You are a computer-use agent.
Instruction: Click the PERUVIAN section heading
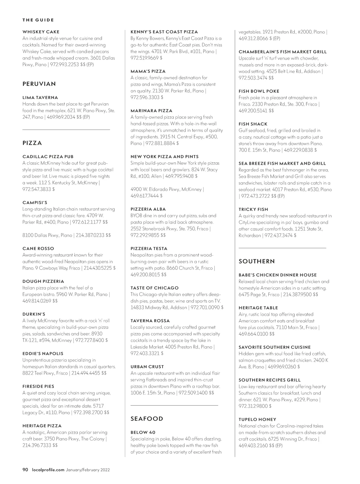coord(39,84)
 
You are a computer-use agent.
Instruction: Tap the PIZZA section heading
coord(32,143)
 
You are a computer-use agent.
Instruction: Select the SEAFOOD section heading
coord(147,419)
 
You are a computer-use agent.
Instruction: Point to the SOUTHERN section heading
coord(257,261)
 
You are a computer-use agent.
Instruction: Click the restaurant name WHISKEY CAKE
coord(41,32)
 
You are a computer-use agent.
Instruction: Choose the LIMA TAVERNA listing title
coord(40,98)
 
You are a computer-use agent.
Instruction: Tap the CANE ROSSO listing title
coord(38,248)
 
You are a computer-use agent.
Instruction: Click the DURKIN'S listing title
coord(34,314)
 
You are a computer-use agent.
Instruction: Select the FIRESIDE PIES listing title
coord(38,386)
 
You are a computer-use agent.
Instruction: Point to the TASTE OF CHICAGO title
coord(154,288)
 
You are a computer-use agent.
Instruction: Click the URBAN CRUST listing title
coord(147,367)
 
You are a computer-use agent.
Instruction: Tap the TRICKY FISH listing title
coord(253,209)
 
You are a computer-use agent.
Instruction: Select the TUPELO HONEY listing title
coord(257,419)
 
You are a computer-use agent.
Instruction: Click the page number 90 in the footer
coord(25,470)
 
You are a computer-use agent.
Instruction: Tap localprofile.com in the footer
coord(48,470)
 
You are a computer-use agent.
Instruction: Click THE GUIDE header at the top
coord(38,20)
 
